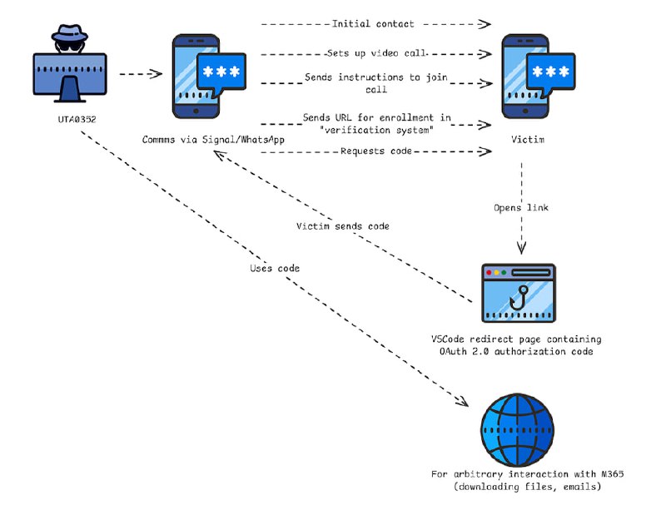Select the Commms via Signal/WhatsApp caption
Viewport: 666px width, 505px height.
[x=214, y=140]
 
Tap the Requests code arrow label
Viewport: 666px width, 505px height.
[x=374, y=151]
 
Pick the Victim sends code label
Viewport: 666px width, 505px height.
[x=342, y=226]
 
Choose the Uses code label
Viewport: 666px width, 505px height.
[x=275, y=269]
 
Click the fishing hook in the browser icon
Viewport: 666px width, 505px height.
[x=521, y=297]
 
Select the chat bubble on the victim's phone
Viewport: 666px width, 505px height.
[x=545, y=73]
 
